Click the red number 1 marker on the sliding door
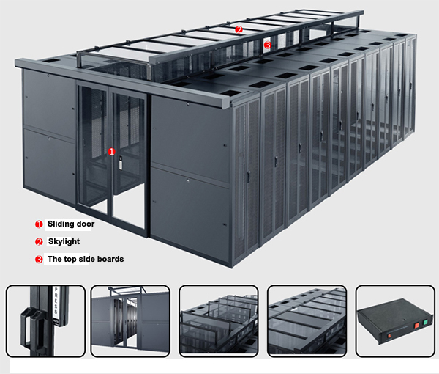pyautogui.click(x=111, y=152)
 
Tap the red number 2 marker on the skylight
pyautogui.click(x=239, y=29)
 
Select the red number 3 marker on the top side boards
pyautogui.click(x=268, y=44)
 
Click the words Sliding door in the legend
pyautogui.click(x=71, y=224)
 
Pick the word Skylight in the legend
pyautogui.click(x=64, y=241)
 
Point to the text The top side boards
pyautogui.click(x=86, y=259)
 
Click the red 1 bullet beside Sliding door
pyautogui.click(x=39, y=224)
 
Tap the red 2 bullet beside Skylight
pyautogui.click(x=39, y=242)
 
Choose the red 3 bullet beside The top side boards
pyautogui.click(x=39, y=260)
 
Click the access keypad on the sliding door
pyautogui.click(x=121, y=163)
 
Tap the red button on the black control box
pyautogui.click(x=416, y=325)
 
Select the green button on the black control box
pyautogui.click(x=425, y=322)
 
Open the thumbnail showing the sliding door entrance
pyautogui.click(x=130, y=321)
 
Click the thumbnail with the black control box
pyautogui.click(x=395, y=321)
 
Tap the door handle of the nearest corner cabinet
pyautogui.click(x=248, y=177)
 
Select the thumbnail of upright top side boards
pyautogui.click(x=218, y=321)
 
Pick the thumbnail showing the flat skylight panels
pyautogui.click(x=307, y=321)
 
